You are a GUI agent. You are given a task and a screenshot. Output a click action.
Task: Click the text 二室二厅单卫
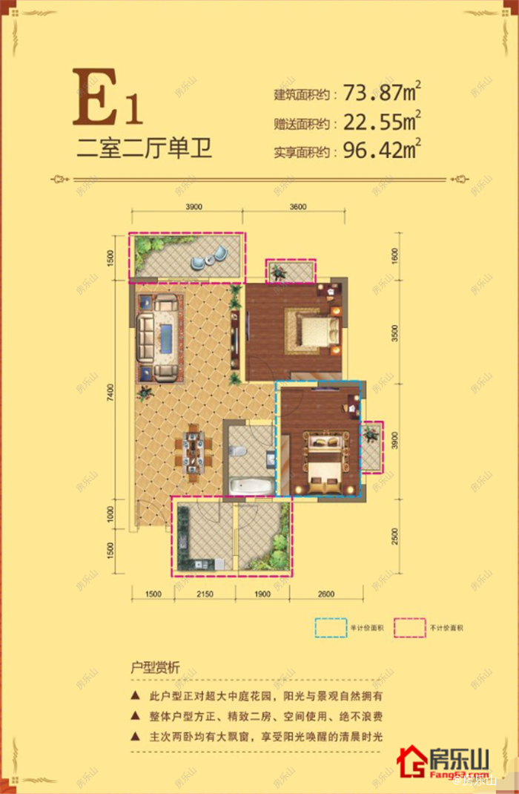coord(145,148)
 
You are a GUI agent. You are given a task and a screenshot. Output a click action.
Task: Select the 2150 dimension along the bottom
coord(205,594)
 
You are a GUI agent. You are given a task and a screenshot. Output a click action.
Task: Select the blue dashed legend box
coord(331,628)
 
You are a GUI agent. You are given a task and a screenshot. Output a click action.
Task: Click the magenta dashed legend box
coord(411,628)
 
